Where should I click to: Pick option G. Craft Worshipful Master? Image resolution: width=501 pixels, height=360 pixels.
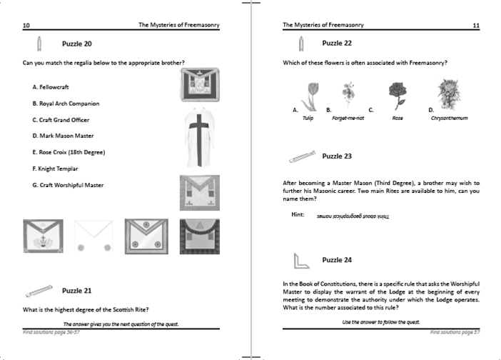[68, 185]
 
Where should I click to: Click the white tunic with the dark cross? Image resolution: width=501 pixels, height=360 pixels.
[195, 136]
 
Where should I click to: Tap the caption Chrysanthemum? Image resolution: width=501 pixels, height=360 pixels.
[449, 118]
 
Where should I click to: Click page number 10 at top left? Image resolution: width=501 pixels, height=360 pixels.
[26, 25]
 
